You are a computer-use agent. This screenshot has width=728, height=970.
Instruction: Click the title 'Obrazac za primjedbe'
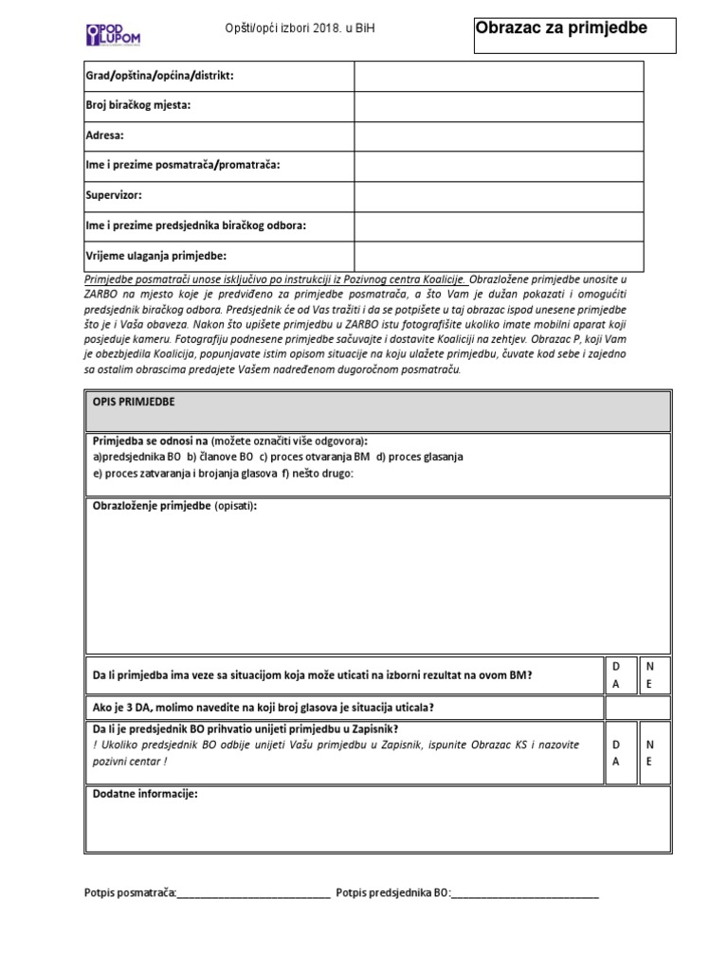point(561,28)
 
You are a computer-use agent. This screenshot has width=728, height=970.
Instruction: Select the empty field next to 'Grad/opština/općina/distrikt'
point(499,76)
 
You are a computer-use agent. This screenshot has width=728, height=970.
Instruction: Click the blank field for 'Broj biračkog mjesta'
point(499,105)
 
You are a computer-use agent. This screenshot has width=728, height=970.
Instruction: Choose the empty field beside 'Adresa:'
point(499,135)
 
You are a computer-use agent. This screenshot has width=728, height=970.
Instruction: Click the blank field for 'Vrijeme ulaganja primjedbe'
point(499,256)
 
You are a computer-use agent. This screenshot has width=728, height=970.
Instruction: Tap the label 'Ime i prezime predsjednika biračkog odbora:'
point(195,225)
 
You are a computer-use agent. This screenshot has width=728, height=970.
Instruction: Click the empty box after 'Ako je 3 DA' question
point(636,708)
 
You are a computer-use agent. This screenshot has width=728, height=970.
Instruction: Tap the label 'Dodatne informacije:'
point(145,794)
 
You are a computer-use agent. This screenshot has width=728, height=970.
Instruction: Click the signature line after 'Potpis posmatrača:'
point(254,892)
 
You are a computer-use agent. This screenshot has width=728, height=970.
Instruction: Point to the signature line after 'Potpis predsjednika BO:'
point(526,892)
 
